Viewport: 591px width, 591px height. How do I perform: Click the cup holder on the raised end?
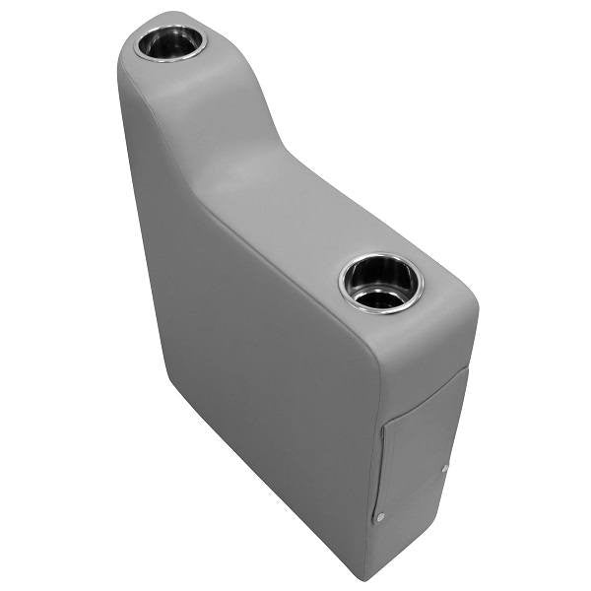pos(169,42)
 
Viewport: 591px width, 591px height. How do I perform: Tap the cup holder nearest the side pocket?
pos(379,281)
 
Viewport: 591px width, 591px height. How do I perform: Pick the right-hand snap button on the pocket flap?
pos(445,469)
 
